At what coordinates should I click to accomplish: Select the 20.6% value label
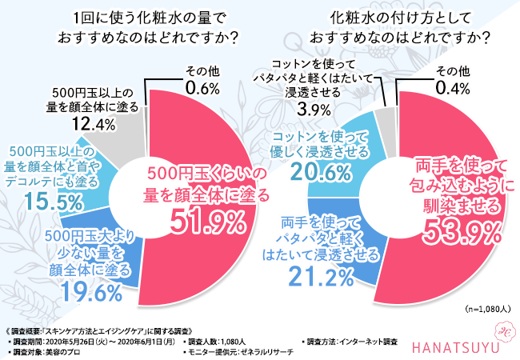pyautogui.click(x=322, y=172)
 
